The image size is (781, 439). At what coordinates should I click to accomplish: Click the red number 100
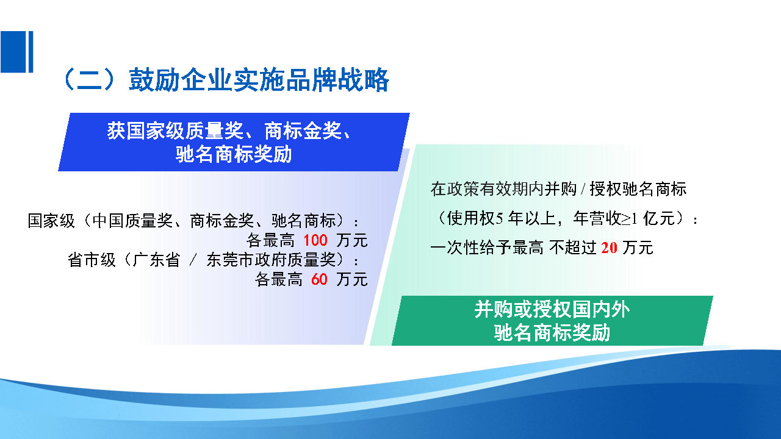[315, 240]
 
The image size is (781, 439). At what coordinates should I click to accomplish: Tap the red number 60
[319, 280]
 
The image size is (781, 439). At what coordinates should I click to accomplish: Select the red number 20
[609, 248]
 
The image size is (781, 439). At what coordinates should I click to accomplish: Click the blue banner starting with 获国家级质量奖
[233, 142]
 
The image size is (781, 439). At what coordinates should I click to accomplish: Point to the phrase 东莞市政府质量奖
[271, 260]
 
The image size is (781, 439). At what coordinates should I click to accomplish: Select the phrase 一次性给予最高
[487, 248]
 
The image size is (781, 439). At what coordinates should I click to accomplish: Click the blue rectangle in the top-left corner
[16, 52]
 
